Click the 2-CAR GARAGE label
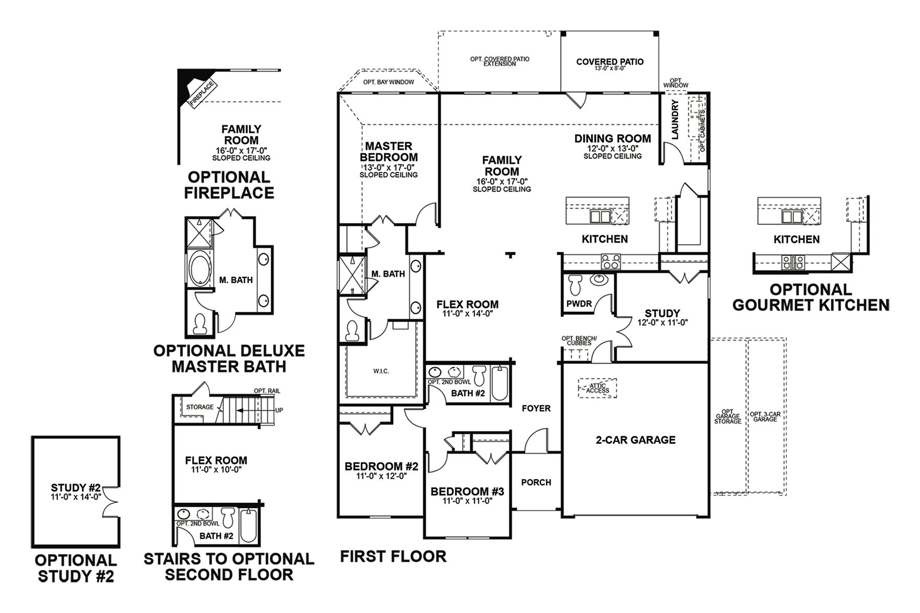635,440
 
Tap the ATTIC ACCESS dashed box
597,388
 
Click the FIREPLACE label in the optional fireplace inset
202,93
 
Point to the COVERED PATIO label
610,62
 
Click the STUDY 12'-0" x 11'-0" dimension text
662,323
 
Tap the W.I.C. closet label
381,371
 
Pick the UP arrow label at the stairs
279,410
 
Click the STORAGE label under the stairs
199,407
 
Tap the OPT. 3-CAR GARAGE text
765,416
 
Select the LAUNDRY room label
675,120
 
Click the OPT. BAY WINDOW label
388,82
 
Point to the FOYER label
536,408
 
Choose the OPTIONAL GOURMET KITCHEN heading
811,297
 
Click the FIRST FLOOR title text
393,556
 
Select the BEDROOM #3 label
467,491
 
